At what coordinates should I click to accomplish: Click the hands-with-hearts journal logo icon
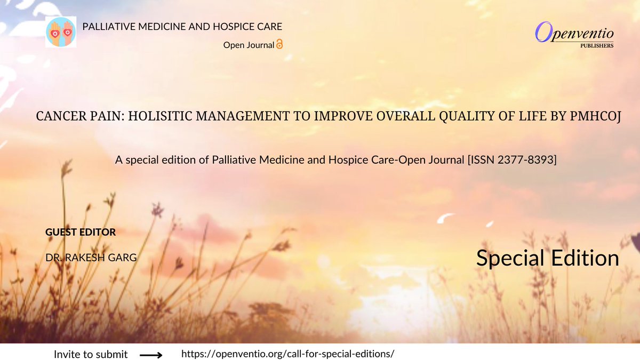click(x=61, y=31)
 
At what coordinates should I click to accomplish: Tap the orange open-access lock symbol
click(x=279, y=45)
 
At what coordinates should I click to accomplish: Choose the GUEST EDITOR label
click(x=81, y=232)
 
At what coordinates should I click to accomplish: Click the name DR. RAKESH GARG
click(x=91, y=258)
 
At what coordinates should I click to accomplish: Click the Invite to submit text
click(x=91, y=354)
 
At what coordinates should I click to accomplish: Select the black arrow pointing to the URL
click(x=151, y=354)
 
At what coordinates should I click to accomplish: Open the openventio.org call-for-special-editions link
click(x=288, y=354)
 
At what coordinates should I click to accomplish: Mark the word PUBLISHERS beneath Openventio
click(x=597, y=46)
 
